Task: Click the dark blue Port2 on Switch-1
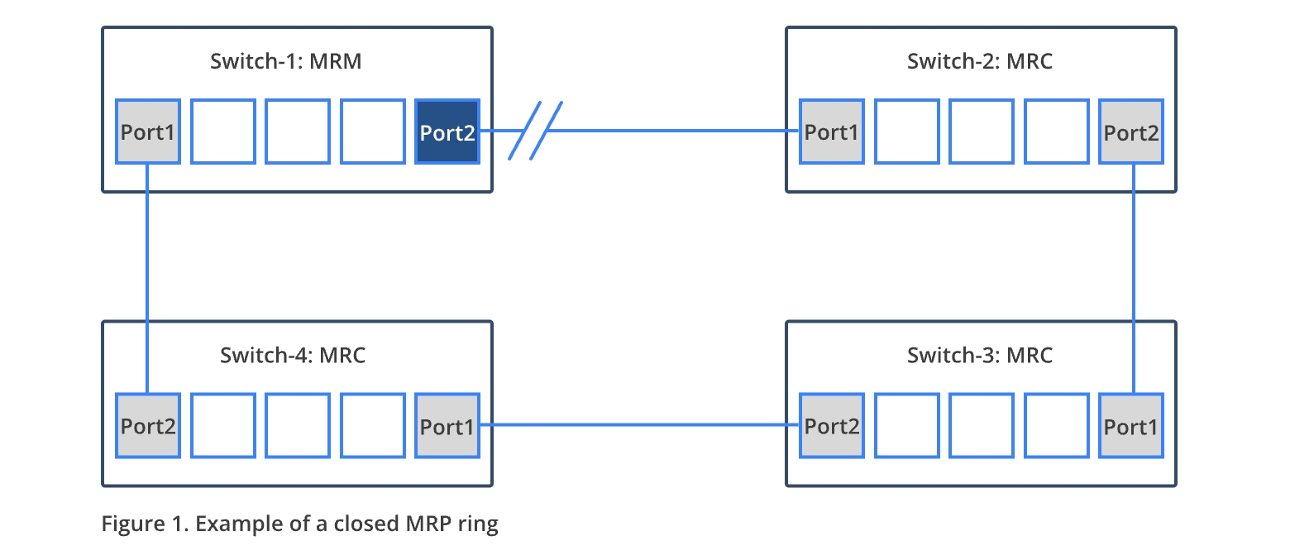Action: click(x=447, y=132)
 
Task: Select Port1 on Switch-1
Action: click(x=148, y=132)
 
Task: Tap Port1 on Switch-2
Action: click(x=832, y=132)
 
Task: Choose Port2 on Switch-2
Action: click(x=1131, y=132)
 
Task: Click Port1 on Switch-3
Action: click(x=1131, y=426)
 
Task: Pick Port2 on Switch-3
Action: click(x=832, y=426)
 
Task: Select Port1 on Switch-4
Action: click(x=447, y=426)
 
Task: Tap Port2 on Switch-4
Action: click(x=148, y=426)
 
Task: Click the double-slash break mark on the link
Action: click(x=535, y=131)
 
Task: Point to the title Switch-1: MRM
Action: click(x=285, y=61)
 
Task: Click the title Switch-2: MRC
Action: click(x=980, y=61)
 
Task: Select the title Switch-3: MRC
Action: click(x=980, y=356)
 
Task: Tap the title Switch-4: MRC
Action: click(x=293, y=356)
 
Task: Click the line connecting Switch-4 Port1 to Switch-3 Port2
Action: click(x=639, y=425)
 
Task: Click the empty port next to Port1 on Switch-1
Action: click(x=223, y=132)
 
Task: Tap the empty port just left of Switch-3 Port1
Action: click(x=1056, y=426)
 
